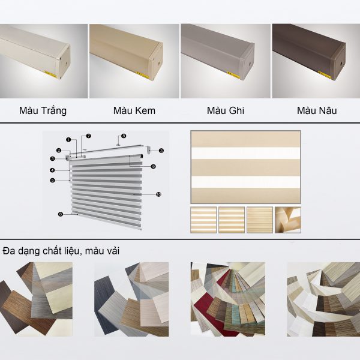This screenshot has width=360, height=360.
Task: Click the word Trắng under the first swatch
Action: point(55,111)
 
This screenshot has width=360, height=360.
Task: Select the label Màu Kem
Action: point(134,110)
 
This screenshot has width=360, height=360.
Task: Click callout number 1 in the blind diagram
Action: point(68,139)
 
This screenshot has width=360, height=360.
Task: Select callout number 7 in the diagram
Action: point(89,136)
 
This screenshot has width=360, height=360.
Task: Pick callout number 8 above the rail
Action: point(124,136)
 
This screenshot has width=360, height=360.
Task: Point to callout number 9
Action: point(154,166)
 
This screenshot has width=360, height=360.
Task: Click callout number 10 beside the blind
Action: point(158,194)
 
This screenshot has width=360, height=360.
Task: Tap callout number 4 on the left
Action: point(52,170)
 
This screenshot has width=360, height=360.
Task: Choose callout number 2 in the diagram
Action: point(59,151)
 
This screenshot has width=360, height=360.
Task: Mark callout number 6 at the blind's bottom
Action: point(61,214)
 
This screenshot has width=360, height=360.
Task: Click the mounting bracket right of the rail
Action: point(149,149)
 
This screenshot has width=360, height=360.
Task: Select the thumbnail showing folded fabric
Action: point(288,220)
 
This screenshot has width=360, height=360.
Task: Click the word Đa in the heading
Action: point(8,251)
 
